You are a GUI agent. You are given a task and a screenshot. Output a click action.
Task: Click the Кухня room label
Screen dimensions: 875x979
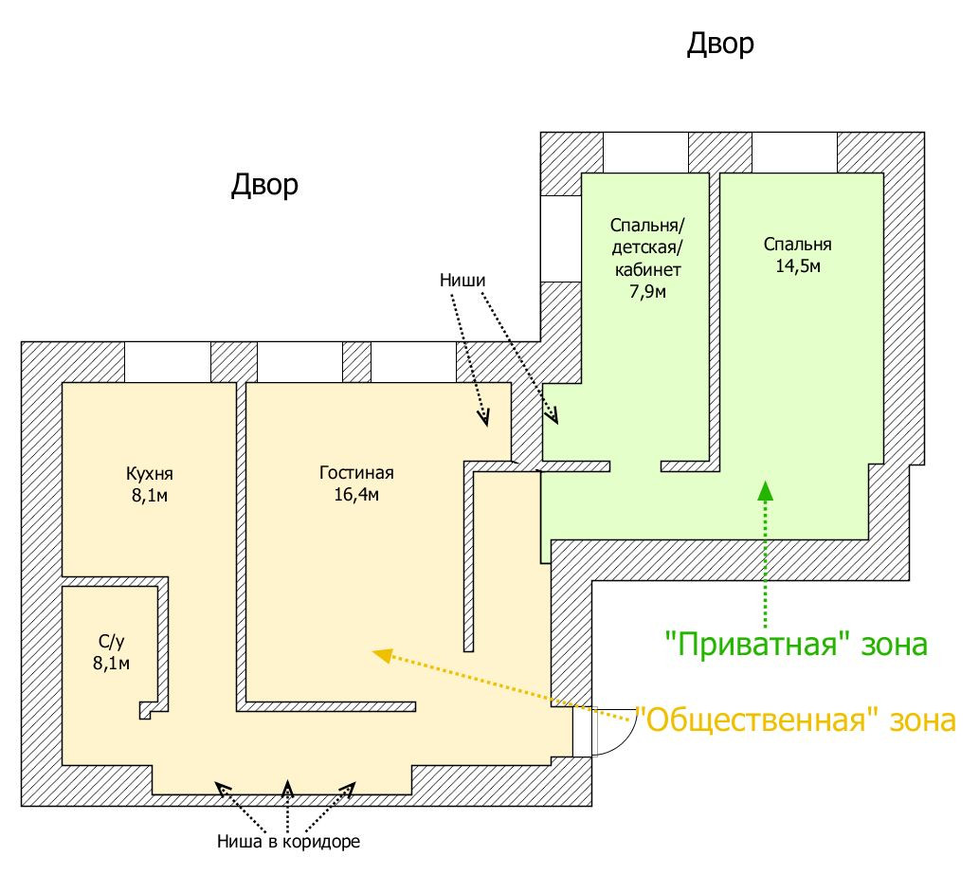[x=149, y=475]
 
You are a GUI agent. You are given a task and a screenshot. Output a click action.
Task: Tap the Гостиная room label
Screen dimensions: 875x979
[x=356, y=474]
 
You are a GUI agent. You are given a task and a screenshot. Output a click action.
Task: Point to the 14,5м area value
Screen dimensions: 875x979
[x=798, y=266]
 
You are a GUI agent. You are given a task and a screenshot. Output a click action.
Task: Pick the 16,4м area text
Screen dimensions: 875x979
[x=356, y=495]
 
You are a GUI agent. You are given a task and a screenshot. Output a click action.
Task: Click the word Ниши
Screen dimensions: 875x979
[x=463, y=281]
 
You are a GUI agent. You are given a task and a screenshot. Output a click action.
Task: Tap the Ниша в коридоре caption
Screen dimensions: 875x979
[x=289, y=841]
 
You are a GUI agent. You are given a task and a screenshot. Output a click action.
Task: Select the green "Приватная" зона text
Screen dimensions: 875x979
[x=794, y=645]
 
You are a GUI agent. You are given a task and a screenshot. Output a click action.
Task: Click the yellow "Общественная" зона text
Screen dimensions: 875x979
[x=794, y=720]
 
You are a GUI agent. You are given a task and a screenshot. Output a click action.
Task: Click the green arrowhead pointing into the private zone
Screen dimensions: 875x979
[x=765, y=490]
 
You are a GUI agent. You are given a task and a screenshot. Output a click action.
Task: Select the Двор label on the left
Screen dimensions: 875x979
[x=264, y=185]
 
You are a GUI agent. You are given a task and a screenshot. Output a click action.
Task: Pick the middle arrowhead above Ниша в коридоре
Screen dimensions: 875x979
[x=288, y=788]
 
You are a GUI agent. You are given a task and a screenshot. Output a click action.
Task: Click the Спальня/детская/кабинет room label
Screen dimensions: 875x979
[x=645, y=248]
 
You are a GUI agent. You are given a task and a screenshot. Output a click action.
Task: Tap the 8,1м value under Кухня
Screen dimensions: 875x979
[x=149, y=496]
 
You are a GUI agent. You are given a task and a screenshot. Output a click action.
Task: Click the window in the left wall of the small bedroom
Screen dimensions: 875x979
[x=560, y=238]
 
